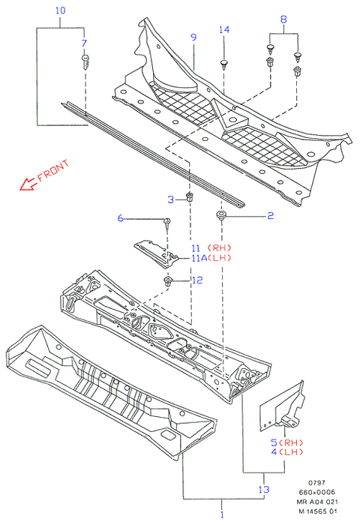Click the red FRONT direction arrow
(x=28, y=184)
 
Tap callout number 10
(x=60, y=10)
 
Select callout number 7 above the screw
(x=84, y=43)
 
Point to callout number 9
(x=193, y=37)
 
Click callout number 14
(x=224, y=30)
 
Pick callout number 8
(x=283, y=19)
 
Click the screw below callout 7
(x=85, y=61)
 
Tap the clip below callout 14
(x=223, y=64)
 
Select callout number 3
(x=171, y=199)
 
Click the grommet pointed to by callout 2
(x=220, y=214)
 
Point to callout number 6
(x=121, y=218)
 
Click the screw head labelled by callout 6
(x=166, y=221)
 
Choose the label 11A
(x=199, y=258)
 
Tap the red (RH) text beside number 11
(x=219, y=247)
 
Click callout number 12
(x=197, y=280)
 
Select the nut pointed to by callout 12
(x=167, y=281)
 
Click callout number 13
(x=264, y=489)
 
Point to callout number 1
(x=222, y=514)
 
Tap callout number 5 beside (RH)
(x=274, y=442)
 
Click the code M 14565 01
(x=318, y=511)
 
